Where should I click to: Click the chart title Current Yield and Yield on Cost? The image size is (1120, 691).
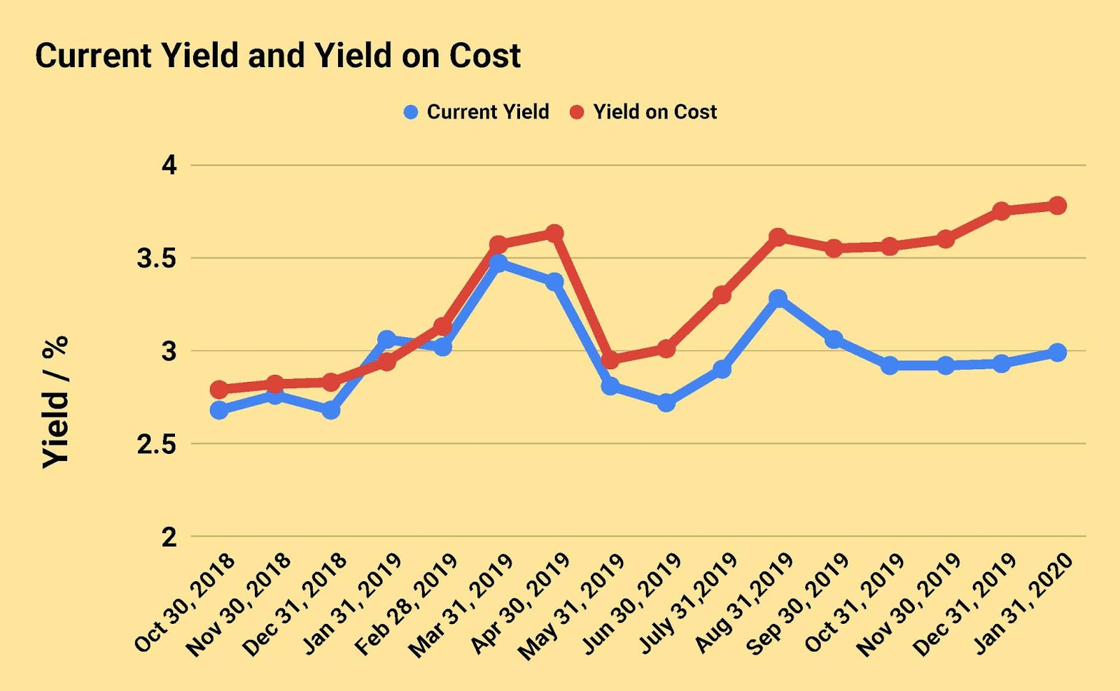click(x=278, y=56)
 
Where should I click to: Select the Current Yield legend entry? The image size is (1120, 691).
click(x=477, y=112)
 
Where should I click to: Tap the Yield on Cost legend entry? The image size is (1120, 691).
click(x=643, y=112)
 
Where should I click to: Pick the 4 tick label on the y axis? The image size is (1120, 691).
click(x=169, y=166)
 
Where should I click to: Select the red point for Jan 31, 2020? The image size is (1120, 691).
click(x=1057, y=206)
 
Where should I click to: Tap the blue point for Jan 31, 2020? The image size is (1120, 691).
click(x=1057, y=352)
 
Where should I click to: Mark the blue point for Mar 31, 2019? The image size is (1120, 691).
click(x=498, y=263)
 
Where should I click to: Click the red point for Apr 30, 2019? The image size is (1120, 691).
click(x=554, y=233)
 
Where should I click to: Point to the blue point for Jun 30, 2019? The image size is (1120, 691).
click(x=666, y=403)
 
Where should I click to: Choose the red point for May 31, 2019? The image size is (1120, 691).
click(x=610, y=360)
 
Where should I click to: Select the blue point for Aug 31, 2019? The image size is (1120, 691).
click(x=778, y=298)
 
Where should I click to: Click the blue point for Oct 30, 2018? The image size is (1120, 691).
click(x=219, y=410)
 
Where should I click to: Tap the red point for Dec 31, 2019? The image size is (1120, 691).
click(x=1001, y=211)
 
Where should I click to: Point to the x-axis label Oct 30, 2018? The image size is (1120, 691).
click(x=184, y=603)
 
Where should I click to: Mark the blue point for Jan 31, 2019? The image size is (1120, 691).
click(x=386, y=339)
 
